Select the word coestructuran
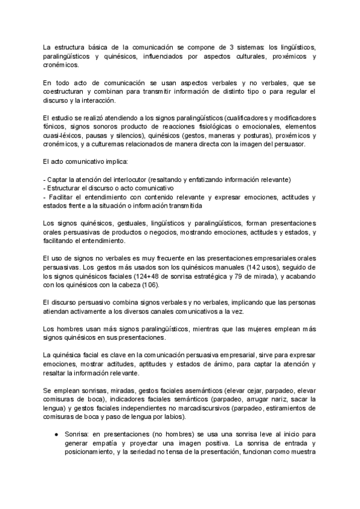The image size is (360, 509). (x=67, y=91)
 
